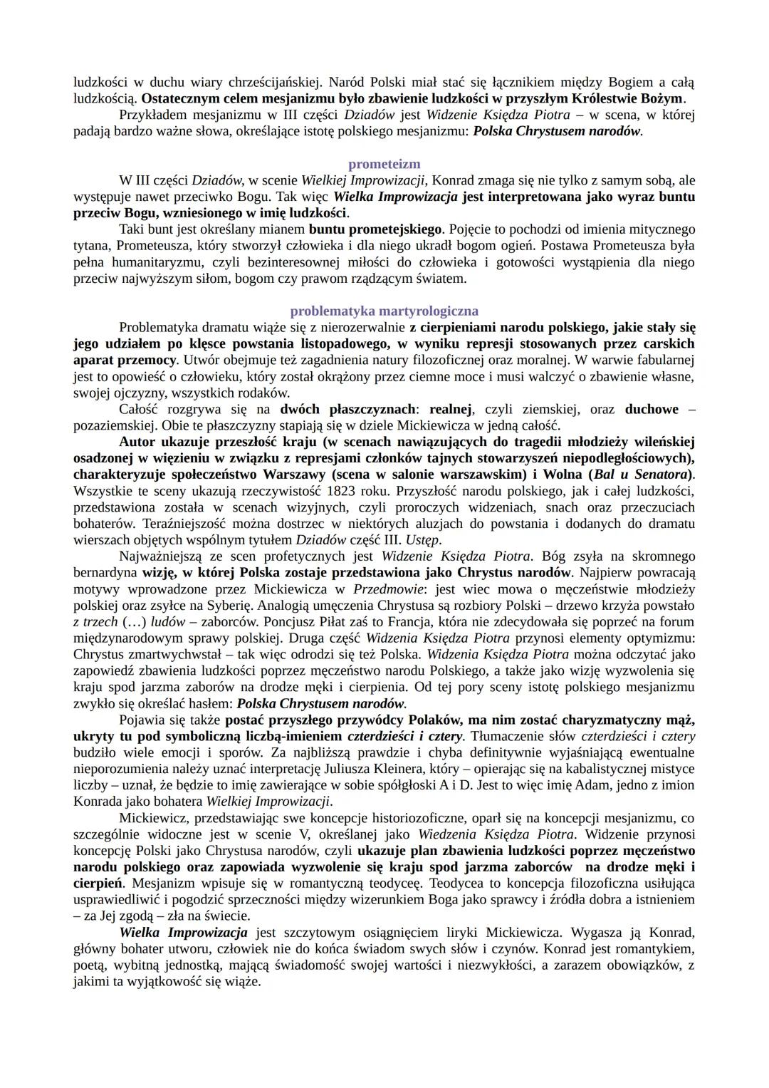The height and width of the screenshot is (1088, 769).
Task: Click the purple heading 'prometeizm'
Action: (384, 164)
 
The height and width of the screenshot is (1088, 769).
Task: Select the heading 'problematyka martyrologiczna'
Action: (384, 311)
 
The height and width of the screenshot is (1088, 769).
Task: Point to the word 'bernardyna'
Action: (106, 573)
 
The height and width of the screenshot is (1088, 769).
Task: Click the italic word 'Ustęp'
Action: (422, 540)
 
